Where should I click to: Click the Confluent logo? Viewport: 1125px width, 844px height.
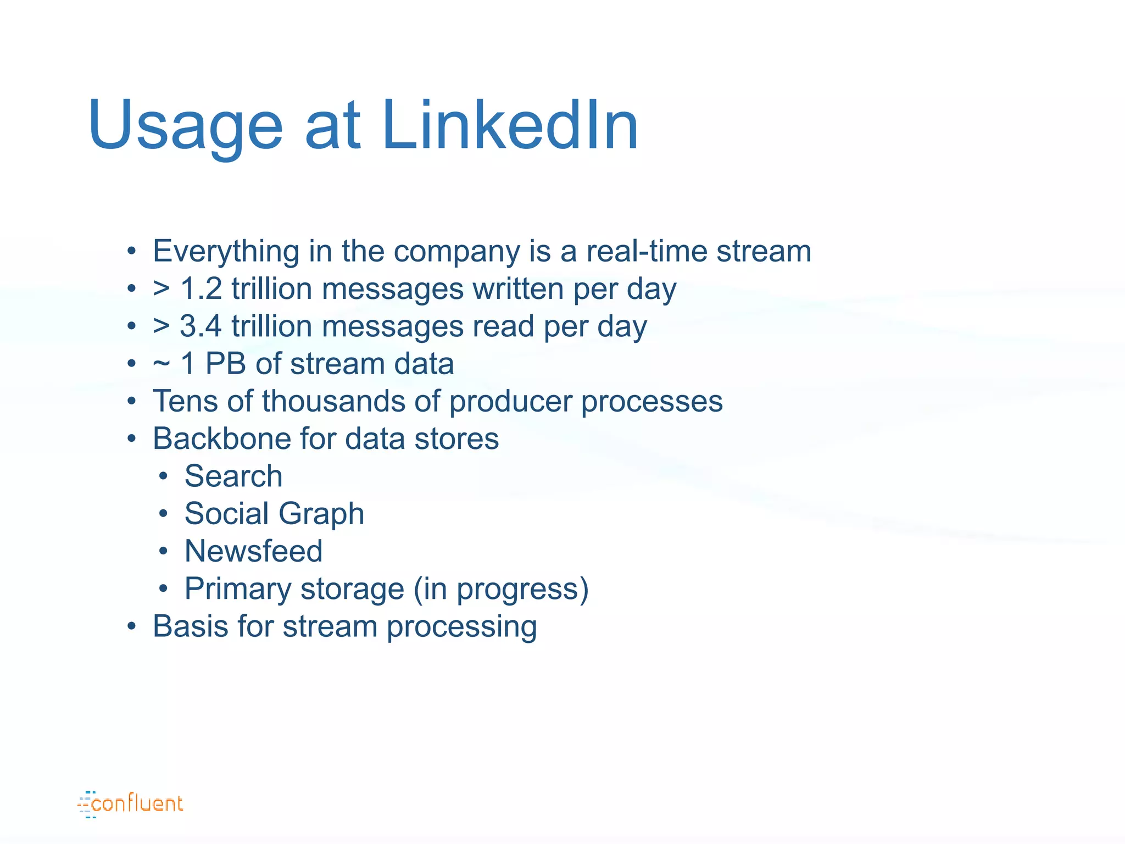tap(130, 804)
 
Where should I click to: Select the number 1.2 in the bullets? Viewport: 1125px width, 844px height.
tap(201, 289)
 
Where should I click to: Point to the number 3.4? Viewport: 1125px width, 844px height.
tap(201, 326)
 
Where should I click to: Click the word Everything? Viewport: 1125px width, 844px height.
tap(226, 252)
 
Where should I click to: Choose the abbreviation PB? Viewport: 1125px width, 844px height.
tap(225, 364)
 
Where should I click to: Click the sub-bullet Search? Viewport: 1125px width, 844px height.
tap(233, 476)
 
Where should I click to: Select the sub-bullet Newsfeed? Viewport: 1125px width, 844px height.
tap(253, 551)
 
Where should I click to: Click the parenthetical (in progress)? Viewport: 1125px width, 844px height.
tap(501, 589)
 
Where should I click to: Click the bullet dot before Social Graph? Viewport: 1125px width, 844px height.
tap(163, 514)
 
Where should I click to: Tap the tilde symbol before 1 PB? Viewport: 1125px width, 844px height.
tap(161, 364)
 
